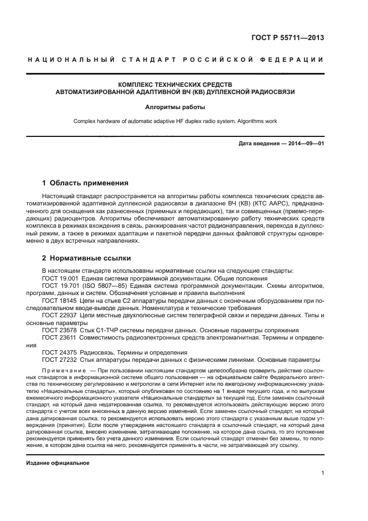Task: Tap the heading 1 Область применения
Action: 86,183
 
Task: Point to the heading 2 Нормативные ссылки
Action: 87,259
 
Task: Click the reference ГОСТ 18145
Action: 59,300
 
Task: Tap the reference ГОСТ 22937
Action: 59,315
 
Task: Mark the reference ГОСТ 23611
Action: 59,337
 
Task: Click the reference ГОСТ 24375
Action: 59,352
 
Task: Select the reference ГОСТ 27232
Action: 59,360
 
